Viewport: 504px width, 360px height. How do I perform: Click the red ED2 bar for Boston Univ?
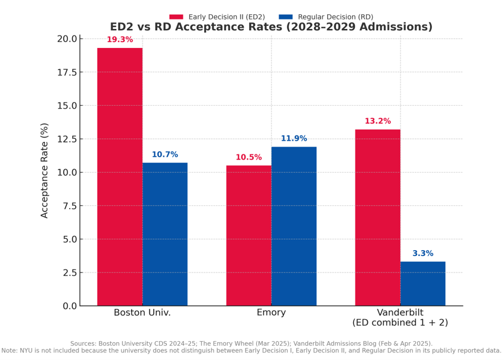pos(119,177)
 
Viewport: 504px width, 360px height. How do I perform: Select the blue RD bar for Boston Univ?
pos(165,234)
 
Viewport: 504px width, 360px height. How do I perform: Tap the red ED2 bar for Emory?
pos(248,235)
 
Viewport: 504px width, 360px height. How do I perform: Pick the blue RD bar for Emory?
pos(294,226)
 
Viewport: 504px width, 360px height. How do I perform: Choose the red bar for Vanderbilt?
pos(377,218)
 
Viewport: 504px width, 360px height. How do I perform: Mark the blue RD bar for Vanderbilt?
pos(423,284)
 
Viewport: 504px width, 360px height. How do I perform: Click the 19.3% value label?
pos(119,40)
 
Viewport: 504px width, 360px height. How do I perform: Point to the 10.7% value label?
pos(165,155)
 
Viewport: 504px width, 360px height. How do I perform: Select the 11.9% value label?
pos(294,139)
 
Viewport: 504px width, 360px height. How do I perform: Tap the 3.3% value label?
pos(423,254)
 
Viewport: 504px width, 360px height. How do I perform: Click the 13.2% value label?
pos(377,121)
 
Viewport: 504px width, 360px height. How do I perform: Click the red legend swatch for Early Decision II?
pos(176,17)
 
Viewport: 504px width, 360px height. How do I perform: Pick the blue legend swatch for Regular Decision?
pos(286,17)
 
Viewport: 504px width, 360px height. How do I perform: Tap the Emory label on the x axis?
pos(272,313)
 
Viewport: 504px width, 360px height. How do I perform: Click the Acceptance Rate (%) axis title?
pos(45,171)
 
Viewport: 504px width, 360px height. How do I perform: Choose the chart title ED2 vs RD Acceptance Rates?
pos(271,27)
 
